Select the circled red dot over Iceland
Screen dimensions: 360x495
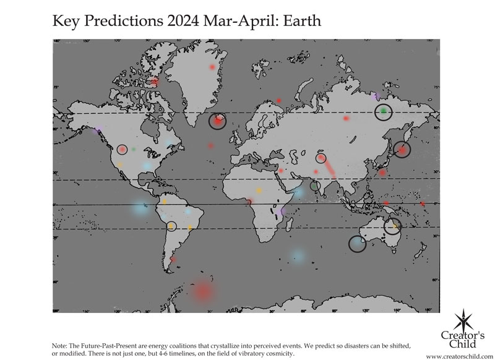[217, 121]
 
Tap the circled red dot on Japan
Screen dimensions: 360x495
[402, 149]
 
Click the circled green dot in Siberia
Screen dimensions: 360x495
[384, 111]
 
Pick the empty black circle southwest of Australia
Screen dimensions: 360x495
[357, 244]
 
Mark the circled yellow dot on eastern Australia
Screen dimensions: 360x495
[392, 226]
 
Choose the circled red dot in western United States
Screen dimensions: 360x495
[122, 149]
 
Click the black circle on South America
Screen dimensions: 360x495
[171, 226]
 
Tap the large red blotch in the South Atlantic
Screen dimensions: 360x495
[203, 291]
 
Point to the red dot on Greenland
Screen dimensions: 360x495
[212, 66]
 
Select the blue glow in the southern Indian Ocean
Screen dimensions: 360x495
[298, 255]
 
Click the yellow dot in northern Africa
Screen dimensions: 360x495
[259, 189]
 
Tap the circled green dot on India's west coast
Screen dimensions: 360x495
[315, 185]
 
